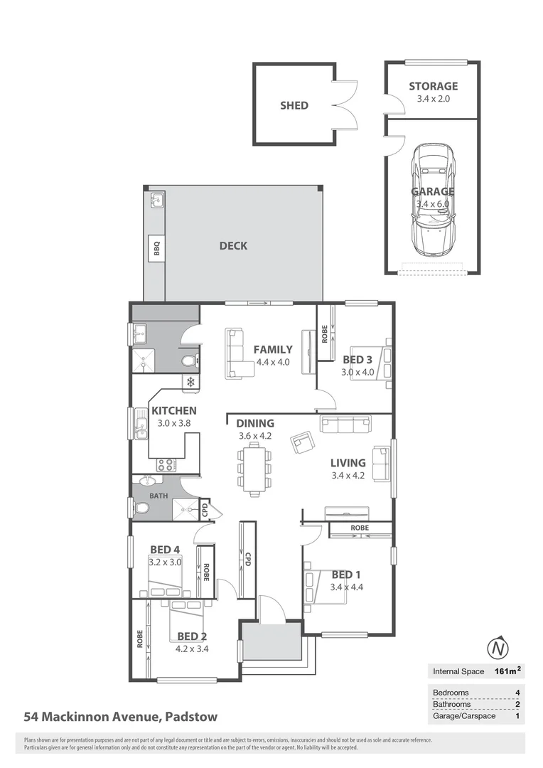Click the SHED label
click(x=294, y=105)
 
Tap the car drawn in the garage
click(x=434, y=200)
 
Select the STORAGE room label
click(x=433, y=87)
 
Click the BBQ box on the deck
click(x=157, y=248)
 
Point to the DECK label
click(x=233, y=246)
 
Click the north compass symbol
click(x=500, y=649)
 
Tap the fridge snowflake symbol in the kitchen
click(x=190, y=383)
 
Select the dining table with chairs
click(x=254, y=467)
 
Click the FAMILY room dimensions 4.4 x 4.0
click(x=274, y=362)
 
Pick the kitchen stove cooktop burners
click(x=166, y=465)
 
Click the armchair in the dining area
click(x=302, y=442)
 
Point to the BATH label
click(x=158, y=496)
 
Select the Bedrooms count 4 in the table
click(x=517, y=693)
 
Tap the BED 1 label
click(x=347, y=575)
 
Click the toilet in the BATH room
click(x=141, y=508)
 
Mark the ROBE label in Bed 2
click(x=140, y=638)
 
